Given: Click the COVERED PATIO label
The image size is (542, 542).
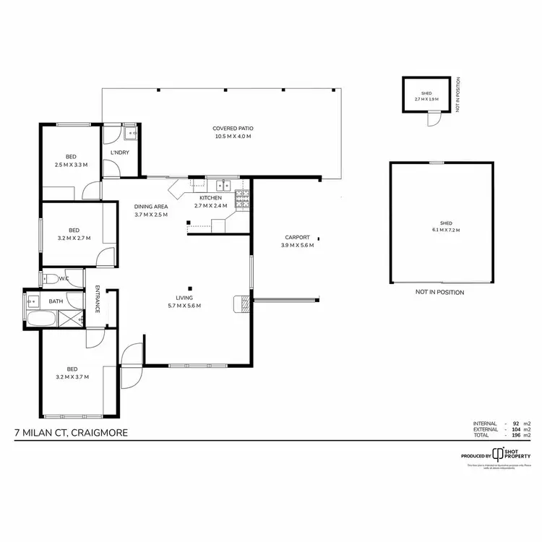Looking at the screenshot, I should tap(233, 128).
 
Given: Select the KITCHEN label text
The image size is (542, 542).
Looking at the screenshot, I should tap(211, 198).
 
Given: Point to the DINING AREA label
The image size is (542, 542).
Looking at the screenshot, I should tap(151, 207).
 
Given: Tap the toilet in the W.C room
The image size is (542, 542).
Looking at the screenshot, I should tap(51, 278).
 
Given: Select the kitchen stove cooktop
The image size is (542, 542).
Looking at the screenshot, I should tap(241, 200).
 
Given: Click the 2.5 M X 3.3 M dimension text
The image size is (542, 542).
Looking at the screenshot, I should tap(72, 165).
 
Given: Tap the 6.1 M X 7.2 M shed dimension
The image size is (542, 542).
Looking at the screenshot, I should tap(441, 230).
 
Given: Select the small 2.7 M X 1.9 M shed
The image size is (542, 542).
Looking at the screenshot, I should tap(426, 95).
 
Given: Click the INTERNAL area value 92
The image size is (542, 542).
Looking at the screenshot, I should tap(516, 423).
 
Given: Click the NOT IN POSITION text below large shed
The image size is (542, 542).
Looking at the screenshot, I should tap(439, 293).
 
